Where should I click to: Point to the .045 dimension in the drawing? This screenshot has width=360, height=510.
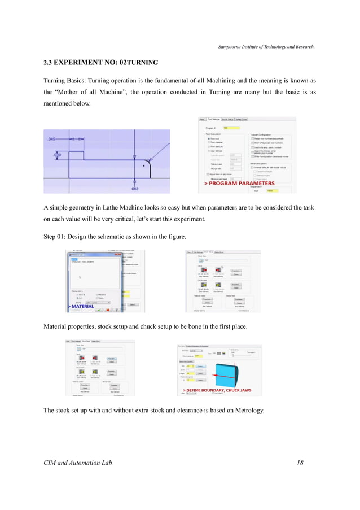point(51,139)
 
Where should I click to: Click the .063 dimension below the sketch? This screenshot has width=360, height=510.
point(134,188)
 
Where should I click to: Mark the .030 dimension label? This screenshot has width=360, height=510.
point(57,154)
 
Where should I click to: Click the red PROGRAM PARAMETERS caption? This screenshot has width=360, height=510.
point(239,184)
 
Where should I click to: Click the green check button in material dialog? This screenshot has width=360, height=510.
point(99,310)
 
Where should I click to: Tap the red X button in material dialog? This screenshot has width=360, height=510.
point(108,310)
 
